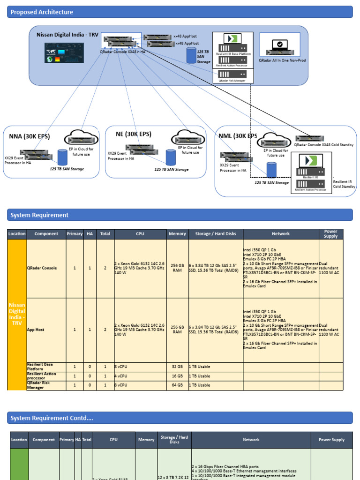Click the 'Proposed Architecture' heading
coord(42,12)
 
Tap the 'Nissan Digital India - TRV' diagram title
coord(67,35)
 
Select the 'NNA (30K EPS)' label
coord(30,137)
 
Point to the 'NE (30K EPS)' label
coord(134,134)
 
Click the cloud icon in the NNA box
coord(82,137)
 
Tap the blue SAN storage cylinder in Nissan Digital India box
coord(191,55)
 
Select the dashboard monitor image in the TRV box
coord(64,52)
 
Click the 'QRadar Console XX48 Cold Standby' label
coord(323,145)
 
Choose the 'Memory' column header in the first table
coord(177,234)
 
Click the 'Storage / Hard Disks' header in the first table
coord(216,234)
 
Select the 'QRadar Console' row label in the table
coord(42,268)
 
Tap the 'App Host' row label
coord(36,330)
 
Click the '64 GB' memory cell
coord(177,385)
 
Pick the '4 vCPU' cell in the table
coord(121,376)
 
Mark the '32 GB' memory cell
coord(177,367)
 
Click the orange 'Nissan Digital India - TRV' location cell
coord(17,314)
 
